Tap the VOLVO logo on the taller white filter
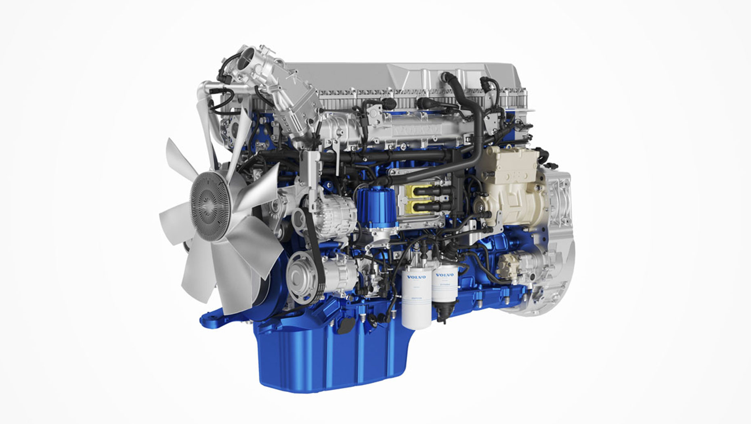point(416,277)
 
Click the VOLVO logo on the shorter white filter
point(445,275)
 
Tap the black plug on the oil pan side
point(346,325)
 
